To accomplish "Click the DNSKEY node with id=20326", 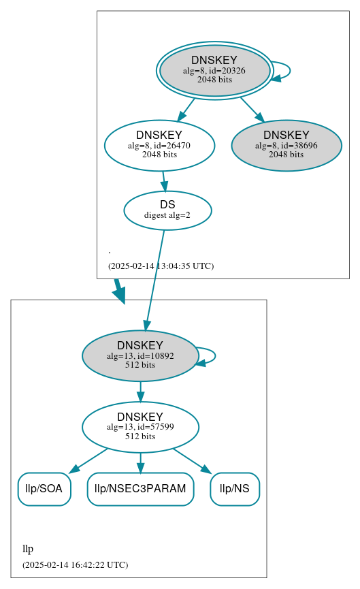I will tap(214, 70).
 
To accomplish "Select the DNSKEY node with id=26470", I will tap(159, 145).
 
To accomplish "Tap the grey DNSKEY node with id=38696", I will tap(286, 145).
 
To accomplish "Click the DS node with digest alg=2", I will tap(167, 210).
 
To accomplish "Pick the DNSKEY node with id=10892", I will tap(140, 355).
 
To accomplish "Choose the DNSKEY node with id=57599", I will tap(140, 427).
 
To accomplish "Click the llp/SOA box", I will tap(44, 489).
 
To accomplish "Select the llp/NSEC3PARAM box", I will tap(140, 489).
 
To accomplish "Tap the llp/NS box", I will tap(235, 489).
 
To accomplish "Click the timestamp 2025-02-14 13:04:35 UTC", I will tap(161, 266).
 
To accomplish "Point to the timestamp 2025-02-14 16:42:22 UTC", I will tap(75, 564).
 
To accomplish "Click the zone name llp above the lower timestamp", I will tap(28, 549).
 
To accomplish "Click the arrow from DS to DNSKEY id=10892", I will tap(154, 279).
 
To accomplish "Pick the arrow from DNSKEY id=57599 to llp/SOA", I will tap(88, 460).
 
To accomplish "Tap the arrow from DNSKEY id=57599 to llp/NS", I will tap(193, 460).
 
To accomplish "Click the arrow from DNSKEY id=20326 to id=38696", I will tap(251, 108).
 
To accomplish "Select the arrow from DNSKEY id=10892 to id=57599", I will tap(140, 392).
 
